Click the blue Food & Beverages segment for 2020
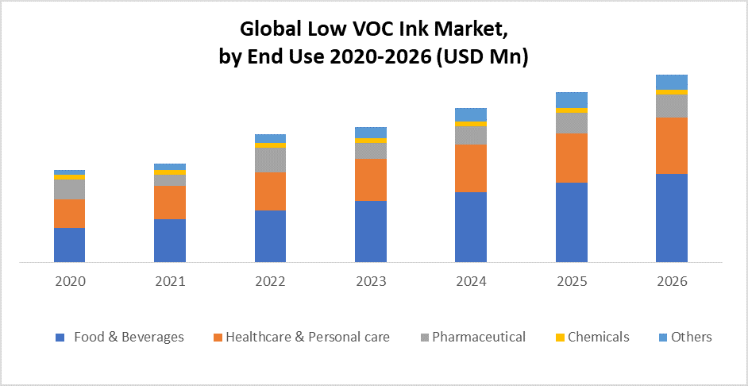69,245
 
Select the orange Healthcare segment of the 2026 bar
671,145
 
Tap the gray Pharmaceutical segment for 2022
270,160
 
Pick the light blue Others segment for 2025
571,99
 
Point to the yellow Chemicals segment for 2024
471,124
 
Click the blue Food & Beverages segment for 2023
370,231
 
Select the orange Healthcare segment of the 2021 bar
169,202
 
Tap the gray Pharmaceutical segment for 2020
69,189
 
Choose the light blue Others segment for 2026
671,82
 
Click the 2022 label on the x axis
270,282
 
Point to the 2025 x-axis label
571,282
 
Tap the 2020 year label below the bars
69,282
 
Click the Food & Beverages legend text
129,337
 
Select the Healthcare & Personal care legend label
307,337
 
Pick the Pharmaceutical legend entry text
479,337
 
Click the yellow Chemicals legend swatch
560,338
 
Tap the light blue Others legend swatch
661,338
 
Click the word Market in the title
470,30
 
